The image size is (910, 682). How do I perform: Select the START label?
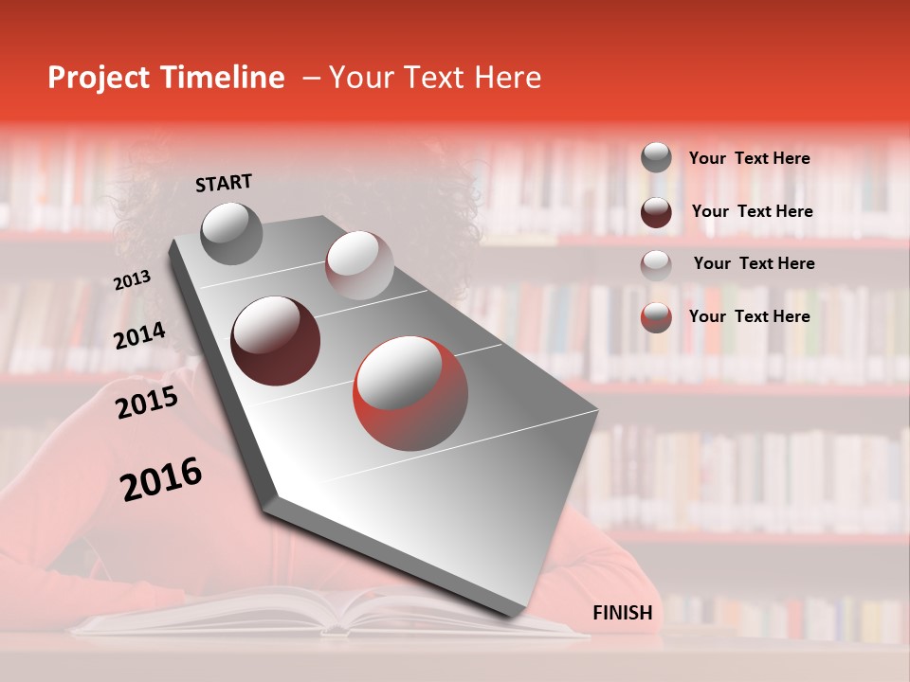click(x=224, y=183)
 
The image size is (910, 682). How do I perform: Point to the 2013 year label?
click(x=132, y=280)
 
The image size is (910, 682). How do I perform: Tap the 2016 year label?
click(x=161, y=479)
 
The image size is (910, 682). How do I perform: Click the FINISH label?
click(x=623, y=613)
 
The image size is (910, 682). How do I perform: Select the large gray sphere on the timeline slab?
click(x=232, y=233)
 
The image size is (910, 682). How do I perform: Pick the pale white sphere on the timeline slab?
click(x=358, y=265)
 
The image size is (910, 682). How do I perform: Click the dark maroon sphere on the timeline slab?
click(x=275, y=341)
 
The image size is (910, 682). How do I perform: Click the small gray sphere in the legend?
click(x=656, y=157)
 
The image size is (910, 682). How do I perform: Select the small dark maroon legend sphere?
click(x=656, y=212)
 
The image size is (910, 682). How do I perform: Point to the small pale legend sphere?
click(x=656, y=264)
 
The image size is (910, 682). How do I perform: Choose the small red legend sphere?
click(x=656, y=316)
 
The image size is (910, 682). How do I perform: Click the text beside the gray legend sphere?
click(x=750, y=158)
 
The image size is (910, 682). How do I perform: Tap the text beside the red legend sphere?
click(x=750, y=316)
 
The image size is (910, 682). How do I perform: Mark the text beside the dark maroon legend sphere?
click(x=753, y=211)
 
